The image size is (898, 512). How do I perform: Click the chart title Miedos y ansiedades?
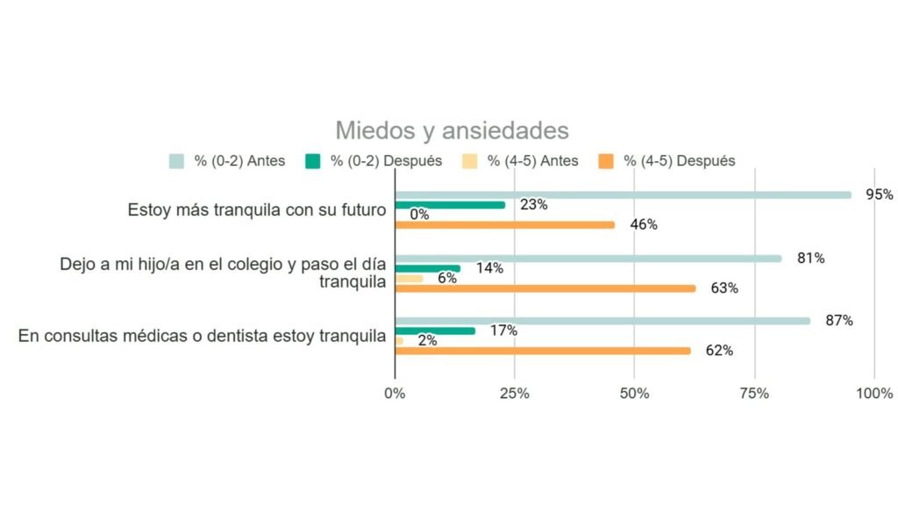452,131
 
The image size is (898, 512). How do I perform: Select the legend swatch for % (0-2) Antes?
176,161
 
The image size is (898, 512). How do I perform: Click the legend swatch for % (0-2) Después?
313,161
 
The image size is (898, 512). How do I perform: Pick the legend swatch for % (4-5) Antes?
470,161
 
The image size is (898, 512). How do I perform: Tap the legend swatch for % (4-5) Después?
605,161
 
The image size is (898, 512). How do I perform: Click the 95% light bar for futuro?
623,195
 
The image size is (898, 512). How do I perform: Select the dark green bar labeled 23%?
450,205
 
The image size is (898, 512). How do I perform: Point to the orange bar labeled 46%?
504,224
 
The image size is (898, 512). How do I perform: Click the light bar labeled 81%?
588,259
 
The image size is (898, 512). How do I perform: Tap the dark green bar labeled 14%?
427,268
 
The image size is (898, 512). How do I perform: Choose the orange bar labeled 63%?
545,288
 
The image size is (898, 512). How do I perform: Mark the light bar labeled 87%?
602,321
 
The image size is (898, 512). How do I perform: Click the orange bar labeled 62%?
542,351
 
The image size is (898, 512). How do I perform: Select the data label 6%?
447,278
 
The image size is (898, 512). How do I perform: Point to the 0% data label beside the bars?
419,215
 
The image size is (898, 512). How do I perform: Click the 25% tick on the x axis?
515,393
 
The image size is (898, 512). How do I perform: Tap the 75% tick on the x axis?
754,393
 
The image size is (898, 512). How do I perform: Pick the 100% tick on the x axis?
874,393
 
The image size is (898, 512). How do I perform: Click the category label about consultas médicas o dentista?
203,336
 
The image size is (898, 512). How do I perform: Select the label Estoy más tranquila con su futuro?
257,210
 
